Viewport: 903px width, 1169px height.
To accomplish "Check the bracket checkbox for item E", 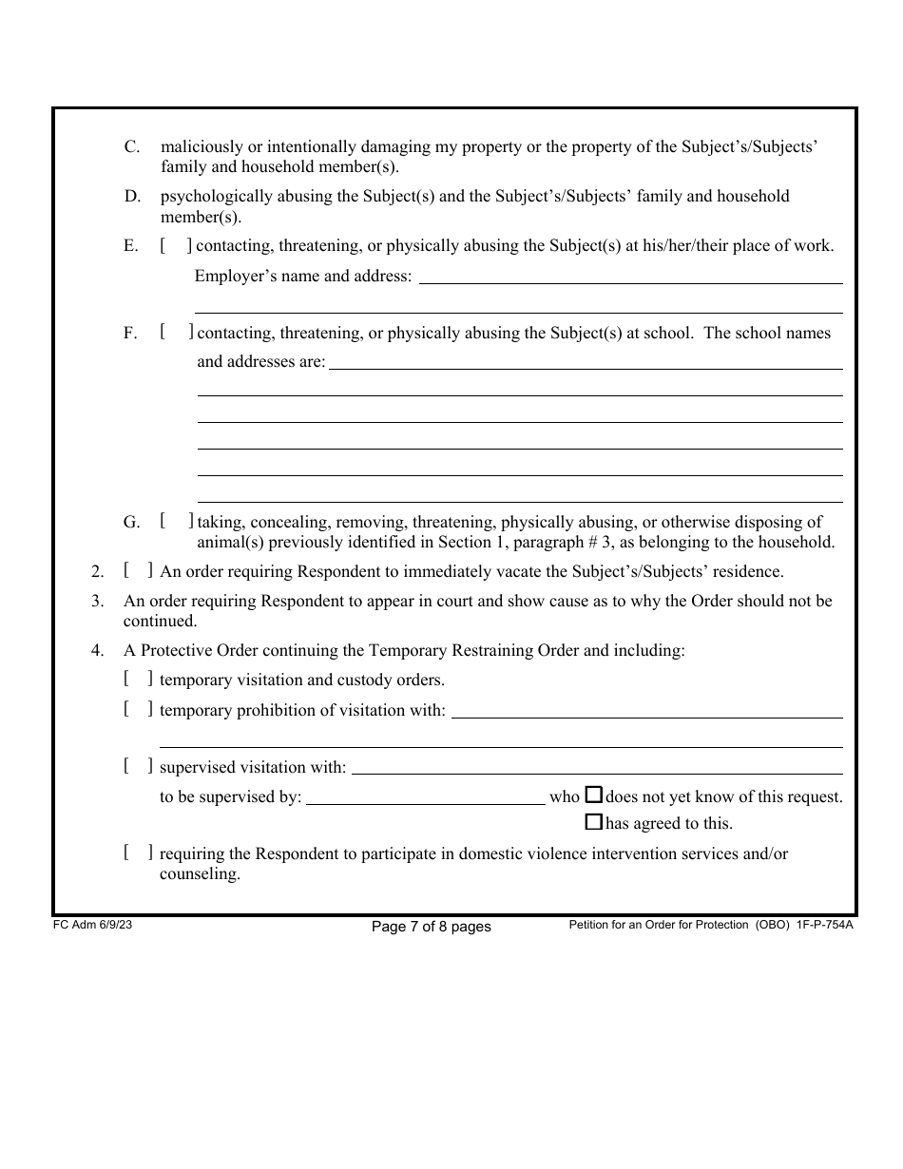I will pyautogui.click(x=176, y=246).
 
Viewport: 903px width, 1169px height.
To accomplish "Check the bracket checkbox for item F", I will pyautogui.click(x=177, y=333).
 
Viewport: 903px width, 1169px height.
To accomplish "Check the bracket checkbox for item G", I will pyautogui.click(x=177, y=521).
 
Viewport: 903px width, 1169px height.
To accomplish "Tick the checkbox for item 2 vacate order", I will pyautogui.click(x=138, y=570).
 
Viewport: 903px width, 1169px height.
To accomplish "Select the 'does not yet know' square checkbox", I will pyautogui.click(x=593, y=795).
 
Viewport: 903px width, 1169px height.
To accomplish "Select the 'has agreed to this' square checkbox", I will pyautogui.click(x=593, y=822).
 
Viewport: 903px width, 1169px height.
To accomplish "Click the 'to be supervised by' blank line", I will pyautogui.click(x=425, y=798).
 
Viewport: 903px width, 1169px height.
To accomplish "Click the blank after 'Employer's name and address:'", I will pyautogui.click(x=630, y=278).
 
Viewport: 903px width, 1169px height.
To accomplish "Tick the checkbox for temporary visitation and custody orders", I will pyautogui.click(x=138, y=679).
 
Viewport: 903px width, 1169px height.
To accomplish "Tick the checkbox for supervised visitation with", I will pyautogui.click(x=138, y=765).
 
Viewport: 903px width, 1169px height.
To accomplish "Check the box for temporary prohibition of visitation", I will pyautogui.click(x=138, y=708).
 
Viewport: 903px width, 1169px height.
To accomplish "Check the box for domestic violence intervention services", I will pyautogui.click(x=138, y=853).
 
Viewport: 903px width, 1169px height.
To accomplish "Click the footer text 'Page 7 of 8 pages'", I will pyautogui.click(x=431, y=927).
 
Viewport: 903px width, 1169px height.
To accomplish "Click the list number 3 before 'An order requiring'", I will pyautogui.click(x=97, y=602).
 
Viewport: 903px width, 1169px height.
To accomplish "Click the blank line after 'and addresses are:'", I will pyautogui.click(x=585, y=363).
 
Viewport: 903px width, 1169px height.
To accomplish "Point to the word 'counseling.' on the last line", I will pyautogui.click(x=200, y=874).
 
